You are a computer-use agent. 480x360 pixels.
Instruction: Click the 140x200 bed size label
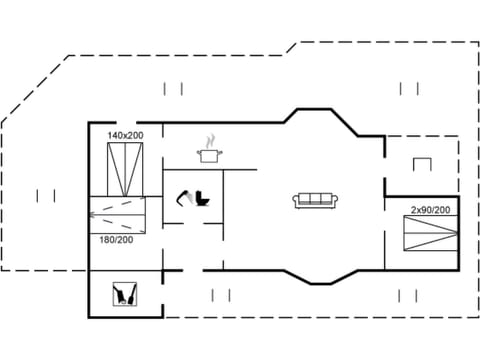(x=126, y=134)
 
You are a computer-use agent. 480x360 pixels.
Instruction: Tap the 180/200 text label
(x=116, y=240)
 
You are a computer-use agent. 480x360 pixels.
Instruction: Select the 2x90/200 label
(x=430, y=210)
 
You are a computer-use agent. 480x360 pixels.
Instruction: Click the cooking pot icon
(x=209, y=155)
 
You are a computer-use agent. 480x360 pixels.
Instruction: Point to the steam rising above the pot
(x=209, y=141)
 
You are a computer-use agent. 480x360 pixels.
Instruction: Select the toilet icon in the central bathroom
(x=203, y=198)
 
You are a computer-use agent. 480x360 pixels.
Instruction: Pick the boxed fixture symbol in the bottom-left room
(x=126, y=294)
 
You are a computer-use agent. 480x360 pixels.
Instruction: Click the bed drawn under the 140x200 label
(x=126, y=169)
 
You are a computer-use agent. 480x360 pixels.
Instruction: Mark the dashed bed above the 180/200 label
(x=117, y=213)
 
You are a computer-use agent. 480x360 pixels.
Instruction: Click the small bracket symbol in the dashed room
(x=422, y=163)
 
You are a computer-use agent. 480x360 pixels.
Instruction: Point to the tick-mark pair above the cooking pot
(x=174, y=89)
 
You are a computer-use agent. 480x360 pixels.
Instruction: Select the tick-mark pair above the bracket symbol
(x=409, y=88)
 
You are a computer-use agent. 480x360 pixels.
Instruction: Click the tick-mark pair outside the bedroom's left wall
(x=45, y=195)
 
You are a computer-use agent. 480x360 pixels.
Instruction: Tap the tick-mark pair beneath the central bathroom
(x=222, y=295)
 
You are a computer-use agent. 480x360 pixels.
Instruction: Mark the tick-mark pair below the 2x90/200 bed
(x=408, y=295)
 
